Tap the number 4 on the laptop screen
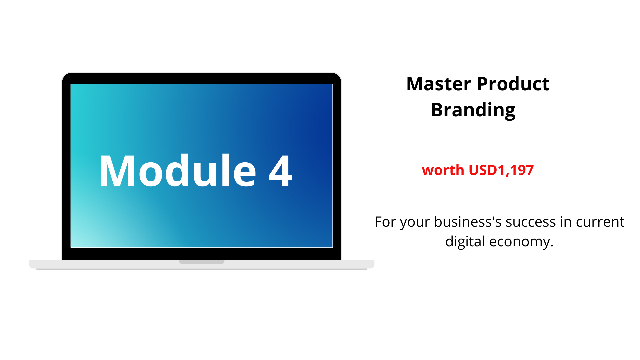tap(281, 171)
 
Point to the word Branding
tap(473, 110)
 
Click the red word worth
tap(443, 170)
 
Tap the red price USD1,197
tap(501, 170)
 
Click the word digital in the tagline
tap(465, 242)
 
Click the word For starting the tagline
tap(385, 222)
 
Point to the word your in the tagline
tap(415, 223)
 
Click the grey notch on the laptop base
tap(202, 262)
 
